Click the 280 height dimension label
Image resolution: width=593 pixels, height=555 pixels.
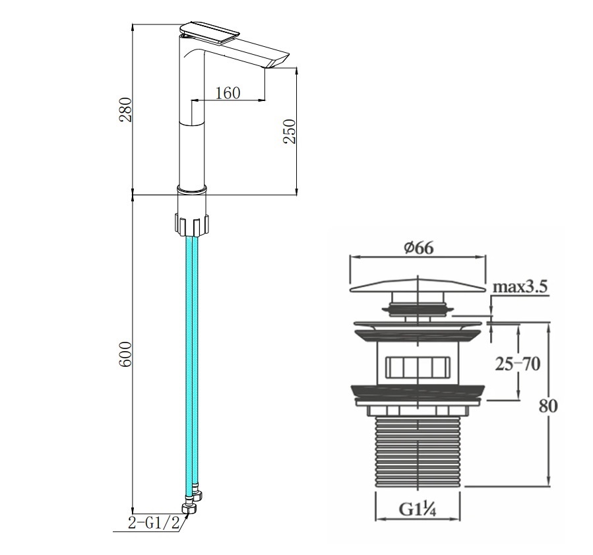(125, 110)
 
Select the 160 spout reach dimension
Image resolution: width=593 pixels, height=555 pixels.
(228, 92)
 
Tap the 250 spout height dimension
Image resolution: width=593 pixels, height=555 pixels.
(290, 131)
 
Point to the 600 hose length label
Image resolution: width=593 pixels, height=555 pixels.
(125, 354)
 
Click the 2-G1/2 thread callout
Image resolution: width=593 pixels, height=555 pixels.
(154, 523)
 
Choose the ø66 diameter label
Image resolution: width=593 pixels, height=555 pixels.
(418, 248)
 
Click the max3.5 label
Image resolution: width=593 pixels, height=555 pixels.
(520, 287)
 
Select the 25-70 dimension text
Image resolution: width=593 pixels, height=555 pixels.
(518, 364)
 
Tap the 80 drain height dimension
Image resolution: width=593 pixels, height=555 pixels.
(548, 407)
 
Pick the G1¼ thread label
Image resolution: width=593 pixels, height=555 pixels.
(418, 509)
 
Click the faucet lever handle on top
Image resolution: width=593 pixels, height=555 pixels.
(208, 32)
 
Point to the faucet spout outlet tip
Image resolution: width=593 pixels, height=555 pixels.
(278, 64)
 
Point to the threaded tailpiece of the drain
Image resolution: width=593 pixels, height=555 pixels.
(418, 451)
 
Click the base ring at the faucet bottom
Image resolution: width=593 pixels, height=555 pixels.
(192, 189)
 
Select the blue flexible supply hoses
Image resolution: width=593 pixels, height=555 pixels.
(192, 360)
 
